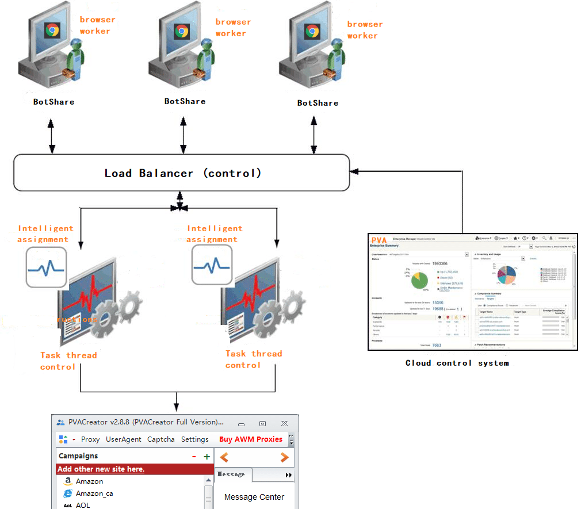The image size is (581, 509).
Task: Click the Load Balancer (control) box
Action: coord(182,173)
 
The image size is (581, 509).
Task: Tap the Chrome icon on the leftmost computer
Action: coord(52,30)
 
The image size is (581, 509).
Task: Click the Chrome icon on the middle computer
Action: coord(182,31)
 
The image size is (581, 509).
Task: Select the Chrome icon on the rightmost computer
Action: coord(312,31)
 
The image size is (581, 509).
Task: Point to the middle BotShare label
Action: coord(185,101)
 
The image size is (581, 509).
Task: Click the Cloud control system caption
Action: coord(457,363)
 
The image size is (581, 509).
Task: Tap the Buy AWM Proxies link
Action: coord(251,439)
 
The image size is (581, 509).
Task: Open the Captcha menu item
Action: coord(161,439)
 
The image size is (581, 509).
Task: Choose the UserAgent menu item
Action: coord(123,439)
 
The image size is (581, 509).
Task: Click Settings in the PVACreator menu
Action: coord(195,439)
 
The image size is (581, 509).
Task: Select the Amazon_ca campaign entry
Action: coord(90,493)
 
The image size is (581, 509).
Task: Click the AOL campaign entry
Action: coord(83,505)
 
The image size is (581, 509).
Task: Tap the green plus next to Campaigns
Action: coord(207,457)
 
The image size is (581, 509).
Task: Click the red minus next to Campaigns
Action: coord(194,457)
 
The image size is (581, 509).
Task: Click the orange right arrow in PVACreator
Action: coord(284,458)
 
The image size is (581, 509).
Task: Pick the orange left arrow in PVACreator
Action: coord(224,458)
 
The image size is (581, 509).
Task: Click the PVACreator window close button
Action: coord(284,423)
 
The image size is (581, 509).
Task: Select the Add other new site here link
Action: coord(101,469)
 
